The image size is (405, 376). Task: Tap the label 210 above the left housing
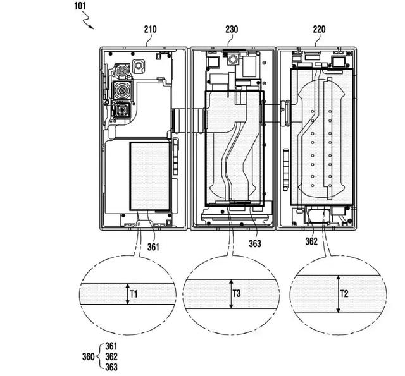[x=151, y=28]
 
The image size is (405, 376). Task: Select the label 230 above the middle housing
[x=231, y=28]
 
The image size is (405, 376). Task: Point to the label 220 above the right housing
[x=320, y=28]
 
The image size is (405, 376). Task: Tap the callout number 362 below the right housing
[x=311, y=240]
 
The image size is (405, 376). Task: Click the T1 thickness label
[x=134, y=293]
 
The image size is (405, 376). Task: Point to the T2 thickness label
[x=344, y=293]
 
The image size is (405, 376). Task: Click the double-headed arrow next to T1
[x=127, y=294]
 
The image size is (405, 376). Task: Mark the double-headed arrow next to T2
[x=338, y=294]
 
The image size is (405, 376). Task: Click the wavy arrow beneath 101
[x=86, y=22]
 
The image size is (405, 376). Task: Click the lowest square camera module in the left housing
[x=120, y=112]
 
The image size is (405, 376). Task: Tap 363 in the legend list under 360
[x=111, y=367]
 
